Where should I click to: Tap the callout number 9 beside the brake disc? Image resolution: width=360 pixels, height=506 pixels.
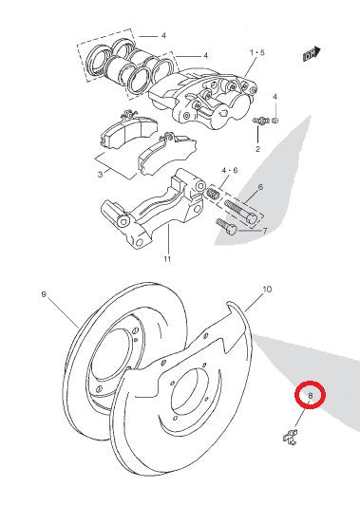pos(44,294)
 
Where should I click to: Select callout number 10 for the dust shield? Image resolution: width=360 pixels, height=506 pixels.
pos(267,290)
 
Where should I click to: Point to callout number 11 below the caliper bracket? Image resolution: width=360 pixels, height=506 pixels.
pos(167,258)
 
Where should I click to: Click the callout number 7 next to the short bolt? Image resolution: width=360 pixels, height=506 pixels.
pos(265,231)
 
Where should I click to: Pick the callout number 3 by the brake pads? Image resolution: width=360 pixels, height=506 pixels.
pos(101,175)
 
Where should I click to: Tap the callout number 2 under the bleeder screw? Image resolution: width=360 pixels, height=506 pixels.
pos(257,149)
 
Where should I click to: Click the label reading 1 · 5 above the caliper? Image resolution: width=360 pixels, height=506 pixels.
pos(257,52)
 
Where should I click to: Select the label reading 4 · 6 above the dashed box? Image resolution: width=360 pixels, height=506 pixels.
pos(229,170)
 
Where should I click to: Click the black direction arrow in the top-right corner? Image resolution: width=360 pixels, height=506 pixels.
pos(312,54)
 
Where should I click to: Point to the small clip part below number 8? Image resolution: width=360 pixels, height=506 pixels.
pos(291,438)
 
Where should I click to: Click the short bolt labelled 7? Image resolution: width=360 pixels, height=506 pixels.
pos(227,227)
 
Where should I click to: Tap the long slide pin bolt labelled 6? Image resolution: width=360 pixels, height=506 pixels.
pos(241,212)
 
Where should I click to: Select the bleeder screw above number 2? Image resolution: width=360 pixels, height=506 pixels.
pos(261,121)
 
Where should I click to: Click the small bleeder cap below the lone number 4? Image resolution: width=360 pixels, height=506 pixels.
pos(275,121)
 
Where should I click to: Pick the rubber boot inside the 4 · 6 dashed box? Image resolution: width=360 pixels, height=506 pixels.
pos(213,193)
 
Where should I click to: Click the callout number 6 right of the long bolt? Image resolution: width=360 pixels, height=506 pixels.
pos(260,187)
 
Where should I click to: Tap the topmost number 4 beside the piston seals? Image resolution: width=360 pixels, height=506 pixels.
pos(163,35)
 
